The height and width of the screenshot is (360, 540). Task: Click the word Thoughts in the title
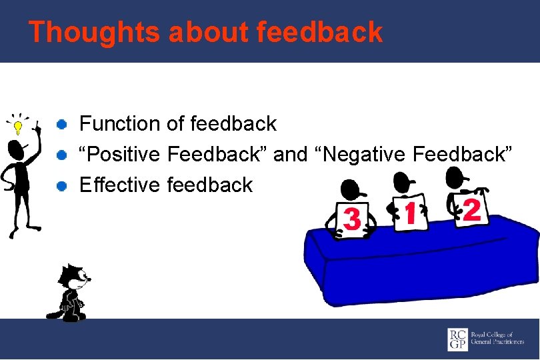click(94, 33)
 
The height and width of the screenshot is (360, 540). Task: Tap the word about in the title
click(209, 32)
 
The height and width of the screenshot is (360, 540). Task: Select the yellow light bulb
click(17, 127)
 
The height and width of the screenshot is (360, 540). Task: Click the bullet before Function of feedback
click(61, 124)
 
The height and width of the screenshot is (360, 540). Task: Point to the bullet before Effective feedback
click(61, 186)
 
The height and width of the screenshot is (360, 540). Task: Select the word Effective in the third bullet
click(120, 185)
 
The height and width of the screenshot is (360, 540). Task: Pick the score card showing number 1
click(410, 213)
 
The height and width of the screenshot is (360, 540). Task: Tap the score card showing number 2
click(471, 209)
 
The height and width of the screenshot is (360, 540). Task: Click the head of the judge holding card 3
click(352, 190)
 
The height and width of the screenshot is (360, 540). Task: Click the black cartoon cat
click(71, 293)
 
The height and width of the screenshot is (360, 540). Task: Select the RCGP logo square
click(457, 339)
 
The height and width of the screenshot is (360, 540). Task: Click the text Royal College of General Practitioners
click(497, 338)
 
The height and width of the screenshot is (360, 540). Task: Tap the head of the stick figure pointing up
click(16, 150)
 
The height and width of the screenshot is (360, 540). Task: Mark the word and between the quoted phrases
click(290, 154)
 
